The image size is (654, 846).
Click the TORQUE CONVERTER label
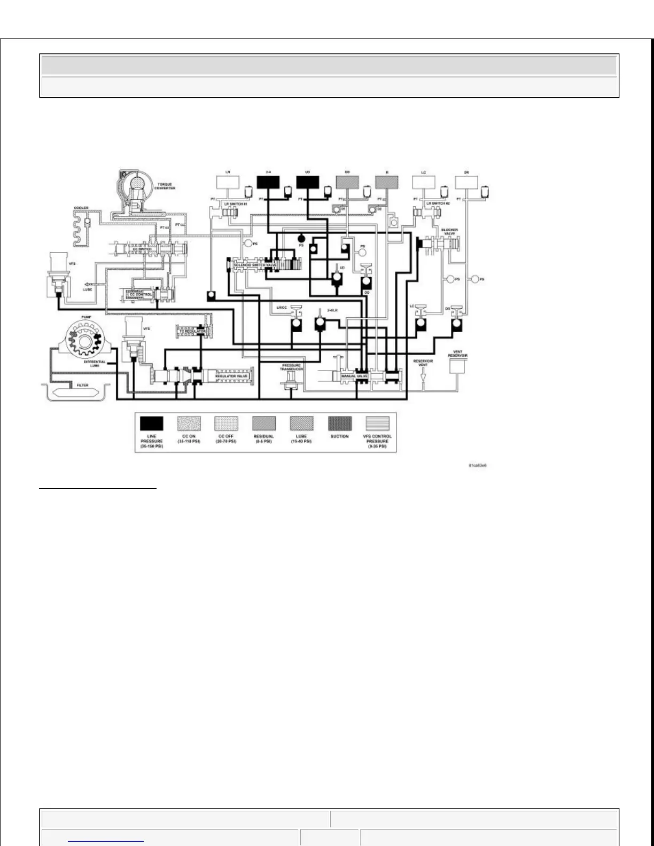pyautogui.click(x=165, y=186)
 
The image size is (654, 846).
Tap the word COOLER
pyautogui.click(x=81, y=208)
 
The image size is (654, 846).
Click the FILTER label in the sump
pyautogui.click(x=82, y=385)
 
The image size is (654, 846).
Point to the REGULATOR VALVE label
pyautogui.click(x=231, y=376)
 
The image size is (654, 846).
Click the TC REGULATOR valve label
pyautogui.click(x=191, y=332)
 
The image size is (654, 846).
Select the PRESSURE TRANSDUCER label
pyautogui.click(x=292, y=367)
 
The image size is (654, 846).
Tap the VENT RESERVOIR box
pyautogui.click(x=457, y=366)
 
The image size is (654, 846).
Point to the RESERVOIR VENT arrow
pyautogui.click(x=423, y=377)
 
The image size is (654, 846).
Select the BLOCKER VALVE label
pyautogui.click(x=449, y=231)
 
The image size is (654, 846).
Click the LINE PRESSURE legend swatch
pyautogui.click(x=152, y=424)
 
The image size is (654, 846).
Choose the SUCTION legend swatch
pyautogui.click(x=340, y=424)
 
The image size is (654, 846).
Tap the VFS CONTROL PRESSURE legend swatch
pyautogui.click(x=377, y=424)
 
